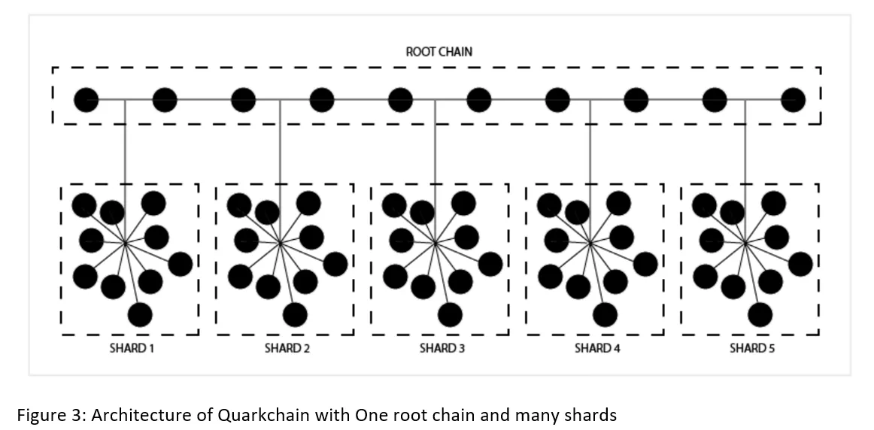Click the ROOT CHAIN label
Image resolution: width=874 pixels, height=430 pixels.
point(439,52)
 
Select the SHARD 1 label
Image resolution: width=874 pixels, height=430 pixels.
point(132,349)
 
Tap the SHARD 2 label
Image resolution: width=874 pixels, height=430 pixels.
point(287,349)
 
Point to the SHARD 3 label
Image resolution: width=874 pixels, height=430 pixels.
point(442,349)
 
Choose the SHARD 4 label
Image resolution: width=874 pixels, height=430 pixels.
point(597,349)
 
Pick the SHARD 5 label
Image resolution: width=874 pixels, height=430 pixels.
point(752,349)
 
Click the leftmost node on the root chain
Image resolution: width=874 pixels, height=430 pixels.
point(86,100)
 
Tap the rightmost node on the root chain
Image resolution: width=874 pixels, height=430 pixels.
point(793,100)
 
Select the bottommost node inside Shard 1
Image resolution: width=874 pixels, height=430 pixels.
point(140,315)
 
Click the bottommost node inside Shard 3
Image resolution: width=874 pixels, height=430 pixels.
point(450,315)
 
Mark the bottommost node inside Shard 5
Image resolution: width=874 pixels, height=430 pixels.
point(760,315)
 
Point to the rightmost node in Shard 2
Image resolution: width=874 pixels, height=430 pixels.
point(335,264)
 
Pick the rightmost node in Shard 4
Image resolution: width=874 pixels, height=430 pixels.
point(645,264)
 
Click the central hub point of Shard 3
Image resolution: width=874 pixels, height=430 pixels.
point(435,243)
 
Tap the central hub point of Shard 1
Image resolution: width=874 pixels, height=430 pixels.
point(125,243)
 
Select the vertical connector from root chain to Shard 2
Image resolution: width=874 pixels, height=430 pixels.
point(280,171)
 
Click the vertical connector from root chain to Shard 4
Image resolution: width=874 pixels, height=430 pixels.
point(590,171)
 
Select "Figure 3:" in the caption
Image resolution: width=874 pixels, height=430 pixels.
point(51,416)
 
